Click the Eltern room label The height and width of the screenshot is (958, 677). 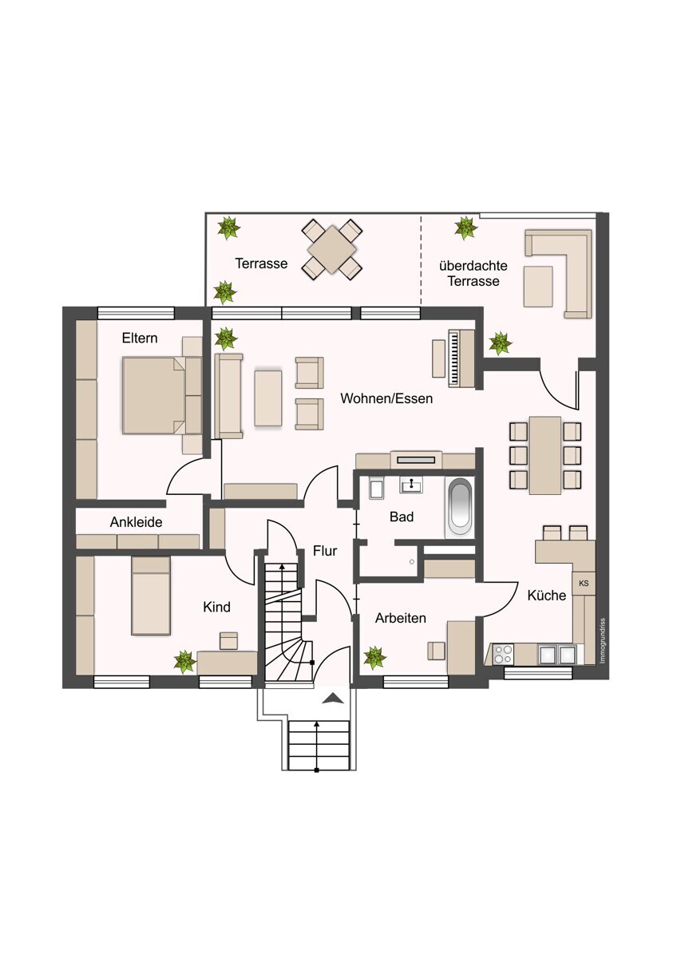tap(140, 338)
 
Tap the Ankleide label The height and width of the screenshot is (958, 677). tap(136, 523)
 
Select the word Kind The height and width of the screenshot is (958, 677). tap(216, 608)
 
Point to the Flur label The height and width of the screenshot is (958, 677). tap(325, 551)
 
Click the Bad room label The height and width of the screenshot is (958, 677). tap(402, 517)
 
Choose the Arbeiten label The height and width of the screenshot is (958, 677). tap(400, 618)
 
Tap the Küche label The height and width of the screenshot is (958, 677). tap(546, 596)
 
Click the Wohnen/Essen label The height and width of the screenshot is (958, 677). tap(386, 398)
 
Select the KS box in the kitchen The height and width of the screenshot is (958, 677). tap(584, 584)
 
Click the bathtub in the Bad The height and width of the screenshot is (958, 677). tap(459, 507)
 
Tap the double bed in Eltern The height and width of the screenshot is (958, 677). tap(153, 395)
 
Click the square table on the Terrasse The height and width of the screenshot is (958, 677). tap(331, 249)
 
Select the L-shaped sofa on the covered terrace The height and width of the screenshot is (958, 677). tap(568, 271)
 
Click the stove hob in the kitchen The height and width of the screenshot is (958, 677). tap(503, 655)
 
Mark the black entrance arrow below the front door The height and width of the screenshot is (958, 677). tap(333, 699)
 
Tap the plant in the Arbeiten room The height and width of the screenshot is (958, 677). tap(374, 658)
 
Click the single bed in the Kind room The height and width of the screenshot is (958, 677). tap(151, 596)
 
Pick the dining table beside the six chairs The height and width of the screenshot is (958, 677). tap(545, 455)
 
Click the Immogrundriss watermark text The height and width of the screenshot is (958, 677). tap(604, 640)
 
